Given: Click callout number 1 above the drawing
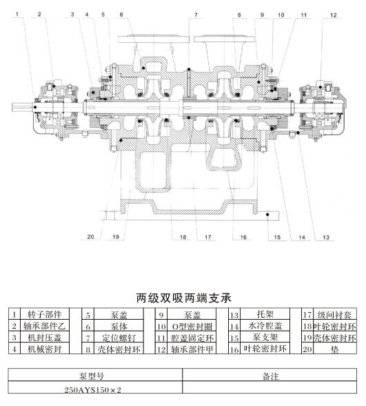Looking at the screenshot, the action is click(17, 14).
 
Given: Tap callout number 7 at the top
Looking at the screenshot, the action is click(196, 14).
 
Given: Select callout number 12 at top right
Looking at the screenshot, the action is click(334, 15).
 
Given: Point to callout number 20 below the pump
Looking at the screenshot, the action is click(90, 237).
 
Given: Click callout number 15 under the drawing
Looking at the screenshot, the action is click(277, 238).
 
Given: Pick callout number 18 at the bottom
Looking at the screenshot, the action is click(183, 237).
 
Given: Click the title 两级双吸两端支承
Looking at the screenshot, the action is click(183, 298).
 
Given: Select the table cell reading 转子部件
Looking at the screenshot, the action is click(45, 314).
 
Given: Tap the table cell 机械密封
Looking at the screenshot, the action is click(45, 349).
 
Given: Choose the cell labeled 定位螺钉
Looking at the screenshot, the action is click(119, 338).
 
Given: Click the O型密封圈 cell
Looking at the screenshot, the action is click(192, 326).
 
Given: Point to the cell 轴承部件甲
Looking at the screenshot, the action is click(192, 349).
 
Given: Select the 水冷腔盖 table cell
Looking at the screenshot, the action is click(265, 326).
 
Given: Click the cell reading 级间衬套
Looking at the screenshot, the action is click(335, 314).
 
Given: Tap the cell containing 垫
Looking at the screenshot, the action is click(335, 349).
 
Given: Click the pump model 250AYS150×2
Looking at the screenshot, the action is click(92, 389).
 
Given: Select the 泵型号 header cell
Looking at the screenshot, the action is click(92, 376).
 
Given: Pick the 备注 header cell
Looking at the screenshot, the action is click(270, 376).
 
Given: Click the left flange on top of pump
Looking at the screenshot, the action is click(154, 39).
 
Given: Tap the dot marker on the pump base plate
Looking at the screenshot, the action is click(267, 215).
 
